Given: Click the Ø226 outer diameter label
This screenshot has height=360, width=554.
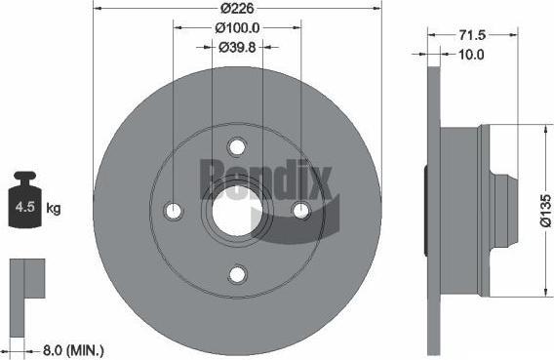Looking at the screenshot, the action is (x=237, y=8).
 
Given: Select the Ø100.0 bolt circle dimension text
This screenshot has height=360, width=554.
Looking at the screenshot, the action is (x=237, y=28).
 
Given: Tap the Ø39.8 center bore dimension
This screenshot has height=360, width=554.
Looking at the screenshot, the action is (x=237, y=47).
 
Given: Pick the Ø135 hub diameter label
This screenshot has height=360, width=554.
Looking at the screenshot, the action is (x=546, y=210).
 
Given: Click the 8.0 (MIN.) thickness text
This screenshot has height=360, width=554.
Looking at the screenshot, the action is (x=73, y=351).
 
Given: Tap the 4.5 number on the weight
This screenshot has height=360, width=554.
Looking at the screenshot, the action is (x=25, y=207).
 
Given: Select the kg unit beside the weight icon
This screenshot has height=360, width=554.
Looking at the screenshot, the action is (x=54, y=208).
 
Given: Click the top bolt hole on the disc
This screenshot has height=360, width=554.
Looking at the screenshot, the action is (x=237, y=146).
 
